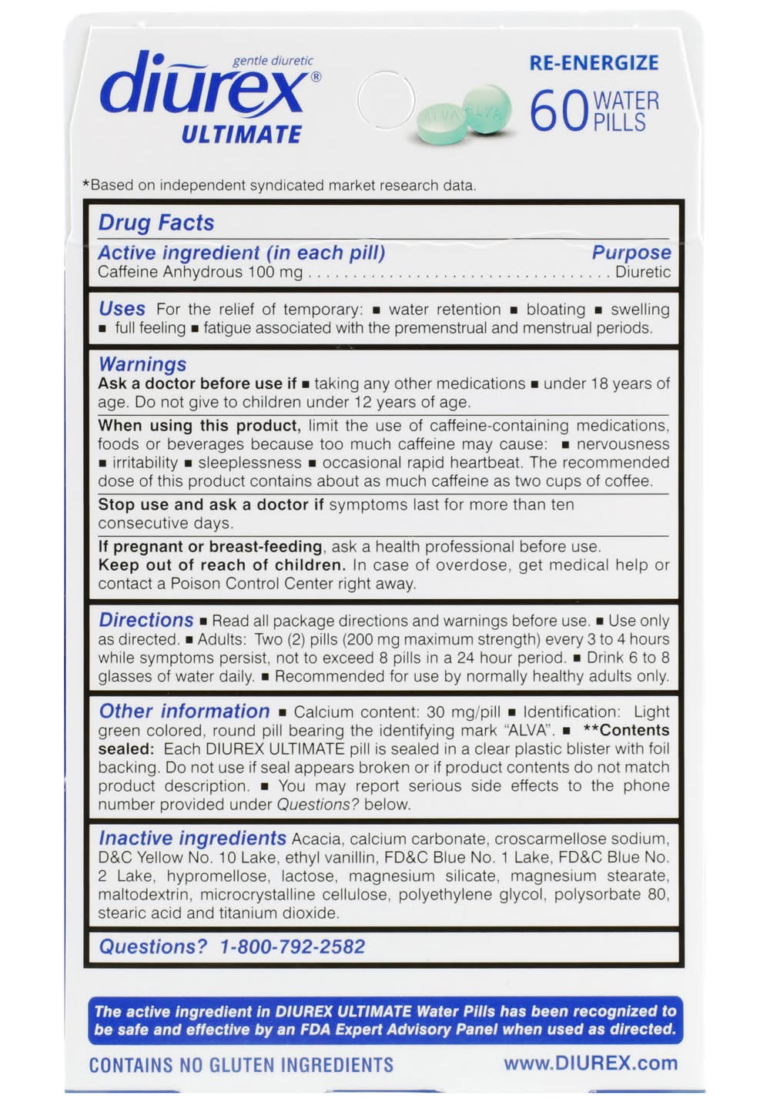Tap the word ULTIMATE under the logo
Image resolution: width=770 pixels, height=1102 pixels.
(241, 135)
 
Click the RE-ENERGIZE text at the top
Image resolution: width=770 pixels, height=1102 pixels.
(594, 63)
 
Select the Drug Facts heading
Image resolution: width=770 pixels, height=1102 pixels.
(156, 223)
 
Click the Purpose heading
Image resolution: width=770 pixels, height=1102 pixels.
(631, 253)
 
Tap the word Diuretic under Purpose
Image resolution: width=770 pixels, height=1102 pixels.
(642, 272)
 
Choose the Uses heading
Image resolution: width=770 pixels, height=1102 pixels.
(122, 309)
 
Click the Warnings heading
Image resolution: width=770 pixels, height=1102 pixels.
(142, 363)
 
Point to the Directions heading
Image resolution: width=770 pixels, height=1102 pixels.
(146, 620)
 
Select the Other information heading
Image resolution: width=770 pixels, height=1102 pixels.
(184, 711)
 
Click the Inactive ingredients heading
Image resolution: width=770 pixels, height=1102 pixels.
(192, 838)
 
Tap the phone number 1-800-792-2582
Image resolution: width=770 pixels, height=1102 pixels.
(293, 946)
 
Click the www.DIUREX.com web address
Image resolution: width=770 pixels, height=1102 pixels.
(591, 1063)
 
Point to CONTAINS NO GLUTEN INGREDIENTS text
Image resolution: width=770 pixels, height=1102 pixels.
(241, 1065)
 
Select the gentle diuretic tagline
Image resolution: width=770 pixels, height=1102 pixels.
(273, 61)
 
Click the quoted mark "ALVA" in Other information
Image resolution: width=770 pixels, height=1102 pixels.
(529, 730)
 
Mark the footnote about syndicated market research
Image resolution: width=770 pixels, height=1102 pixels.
(280, 186)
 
